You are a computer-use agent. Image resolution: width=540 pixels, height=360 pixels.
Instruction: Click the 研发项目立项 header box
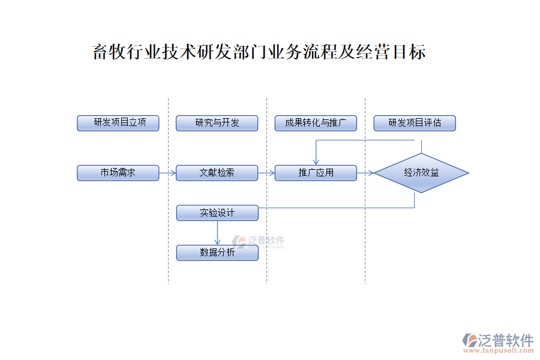click(118, 123)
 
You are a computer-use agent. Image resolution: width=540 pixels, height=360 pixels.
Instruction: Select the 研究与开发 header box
click(217, 123)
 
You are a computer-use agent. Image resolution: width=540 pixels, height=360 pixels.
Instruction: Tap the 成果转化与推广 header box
click(316, 123)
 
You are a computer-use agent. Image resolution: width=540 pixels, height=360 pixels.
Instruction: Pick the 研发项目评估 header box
click(415, 123)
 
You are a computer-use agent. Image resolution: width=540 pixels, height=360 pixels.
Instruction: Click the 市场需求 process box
click(118, 173)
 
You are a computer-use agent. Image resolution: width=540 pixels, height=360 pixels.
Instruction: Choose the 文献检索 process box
click(217, 173)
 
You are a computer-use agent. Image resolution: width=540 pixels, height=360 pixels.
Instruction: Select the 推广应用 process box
click(316, 173)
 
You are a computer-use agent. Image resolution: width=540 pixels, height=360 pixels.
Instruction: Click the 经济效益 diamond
click(421, 173)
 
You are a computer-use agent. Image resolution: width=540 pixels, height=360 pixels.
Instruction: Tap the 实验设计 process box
click(217, 212)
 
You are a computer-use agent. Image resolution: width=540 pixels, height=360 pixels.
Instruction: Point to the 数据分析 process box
click(217, 253)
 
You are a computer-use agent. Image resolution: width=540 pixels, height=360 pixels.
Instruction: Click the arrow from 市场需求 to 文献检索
click(167, 173)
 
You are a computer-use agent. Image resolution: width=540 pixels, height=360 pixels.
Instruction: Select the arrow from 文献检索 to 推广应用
click(266, 173)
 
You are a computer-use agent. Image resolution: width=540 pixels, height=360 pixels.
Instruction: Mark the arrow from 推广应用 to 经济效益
click(365, 173)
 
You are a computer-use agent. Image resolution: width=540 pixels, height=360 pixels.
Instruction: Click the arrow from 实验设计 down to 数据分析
click(217, 233)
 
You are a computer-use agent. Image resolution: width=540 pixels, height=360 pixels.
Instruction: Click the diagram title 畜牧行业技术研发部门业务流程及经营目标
click(259, 52)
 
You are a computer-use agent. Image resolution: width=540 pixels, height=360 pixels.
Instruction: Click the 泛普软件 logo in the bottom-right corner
click(498, 340)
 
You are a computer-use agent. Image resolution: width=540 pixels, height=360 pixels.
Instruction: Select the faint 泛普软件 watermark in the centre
click(259, 242)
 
